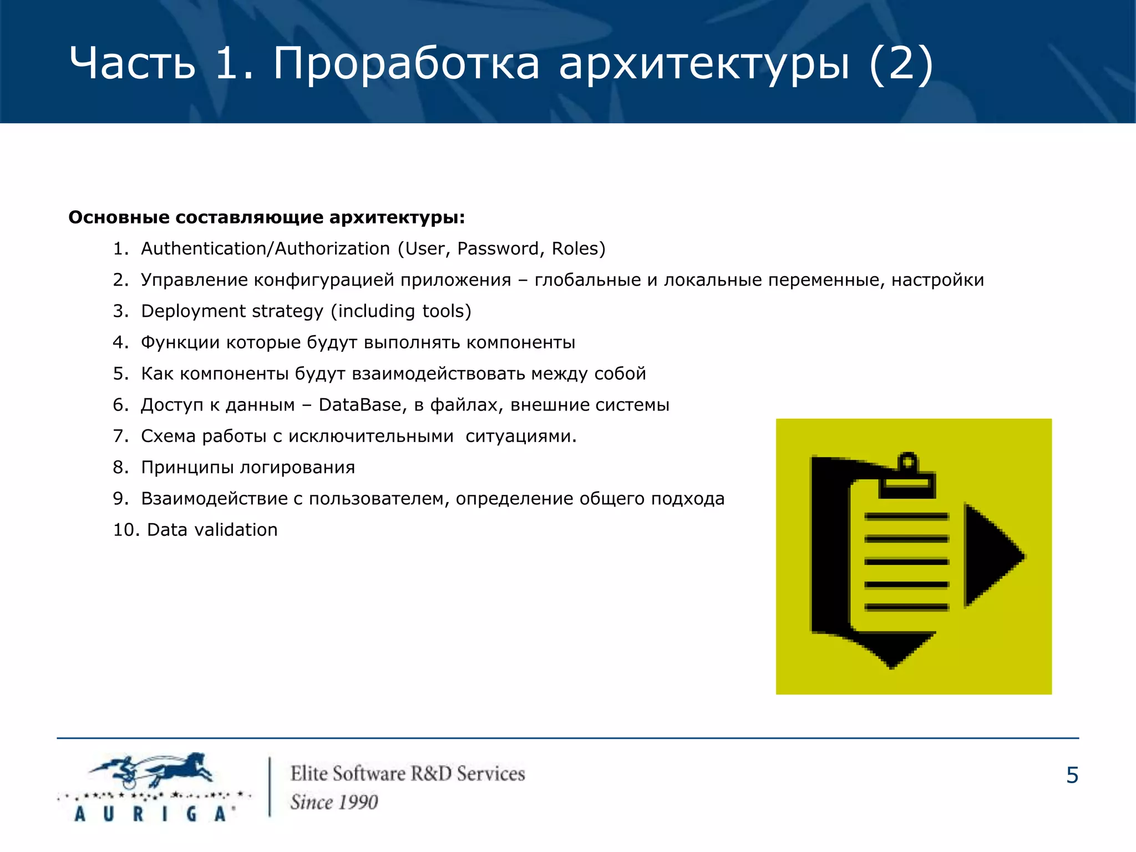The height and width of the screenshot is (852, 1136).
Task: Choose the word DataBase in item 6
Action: tap(360, 405)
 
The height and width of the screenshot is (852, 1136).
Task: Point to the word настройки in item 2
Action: tap(937, 280)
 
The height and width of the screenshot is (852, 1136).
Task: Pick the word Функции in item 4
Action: tap(180, 343)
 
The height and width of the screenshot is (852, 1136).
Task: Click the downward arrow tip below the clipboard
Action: tap(891, 655)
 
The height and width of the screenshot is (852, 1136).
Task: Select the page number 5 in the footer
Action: tap(1072, 775)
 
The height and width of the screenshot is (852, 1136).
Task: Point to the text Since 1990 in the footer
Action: tap(334, 802)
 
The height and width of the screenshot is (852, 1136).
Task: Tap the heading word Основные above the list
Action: tap(119, 217)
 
